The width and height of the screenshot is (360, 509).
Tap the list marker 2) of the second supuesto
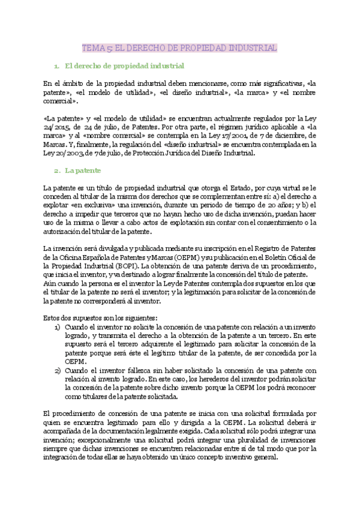click(58, 371)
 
